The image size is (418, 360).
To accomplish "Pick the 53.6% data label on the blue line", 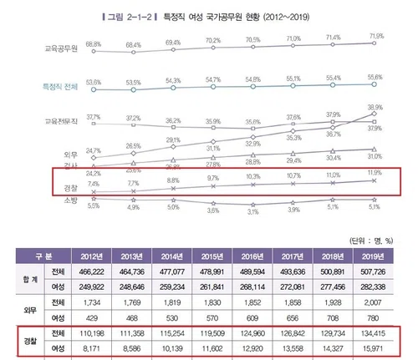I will click(94, 76).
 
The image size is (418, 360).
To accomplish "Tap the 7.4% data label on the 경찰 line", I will click(94, 183).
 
